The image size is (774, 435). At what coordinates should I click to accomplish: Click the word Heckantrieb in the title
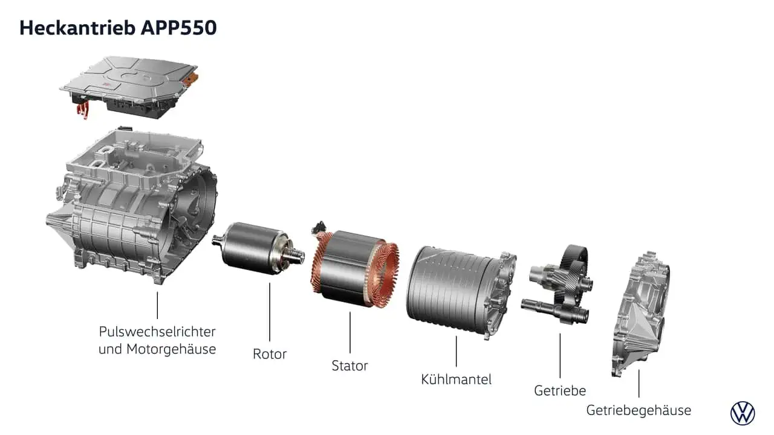pos(77,28)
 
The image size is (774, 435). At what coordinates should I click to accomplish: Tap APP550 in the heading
pos(178,28)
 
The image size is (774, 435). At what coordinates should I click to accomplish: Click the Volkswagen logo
pos(743,413)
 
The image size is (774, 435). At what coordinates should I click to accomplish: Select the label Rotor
pos(270,354)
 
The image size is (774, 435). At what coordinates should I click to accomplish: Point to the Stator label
pos(350,366)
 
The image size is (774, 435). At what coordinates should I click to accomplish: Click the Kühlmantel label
pos(456,379)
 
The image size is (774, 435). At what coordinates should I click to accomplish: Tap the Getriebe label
pos(560,390)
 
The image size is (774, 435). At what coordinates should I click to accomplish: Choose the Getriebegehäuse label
pos(639,410)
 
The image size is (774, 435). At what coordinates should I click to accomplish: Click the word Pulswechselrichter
pos(157,332)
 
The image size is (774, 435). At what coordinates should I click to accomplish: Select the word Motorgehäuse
pos(171,349)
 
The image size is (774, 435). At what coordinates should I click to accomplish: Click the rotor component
pos(258,248)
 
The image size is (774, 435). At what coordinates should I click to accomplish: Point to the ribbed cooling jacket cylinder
pos(461,292)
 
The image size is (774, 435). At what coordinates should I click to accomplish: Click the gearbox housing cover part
pos(641,314)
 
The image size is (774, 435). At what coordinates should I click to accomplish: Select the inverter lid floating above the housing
pos(129,87)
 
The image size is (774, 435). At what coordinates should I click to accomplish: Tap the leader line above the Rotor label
pos(270,312)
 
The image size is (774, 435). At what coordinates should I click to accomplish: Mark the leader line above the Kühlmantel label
pos(456,351)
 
